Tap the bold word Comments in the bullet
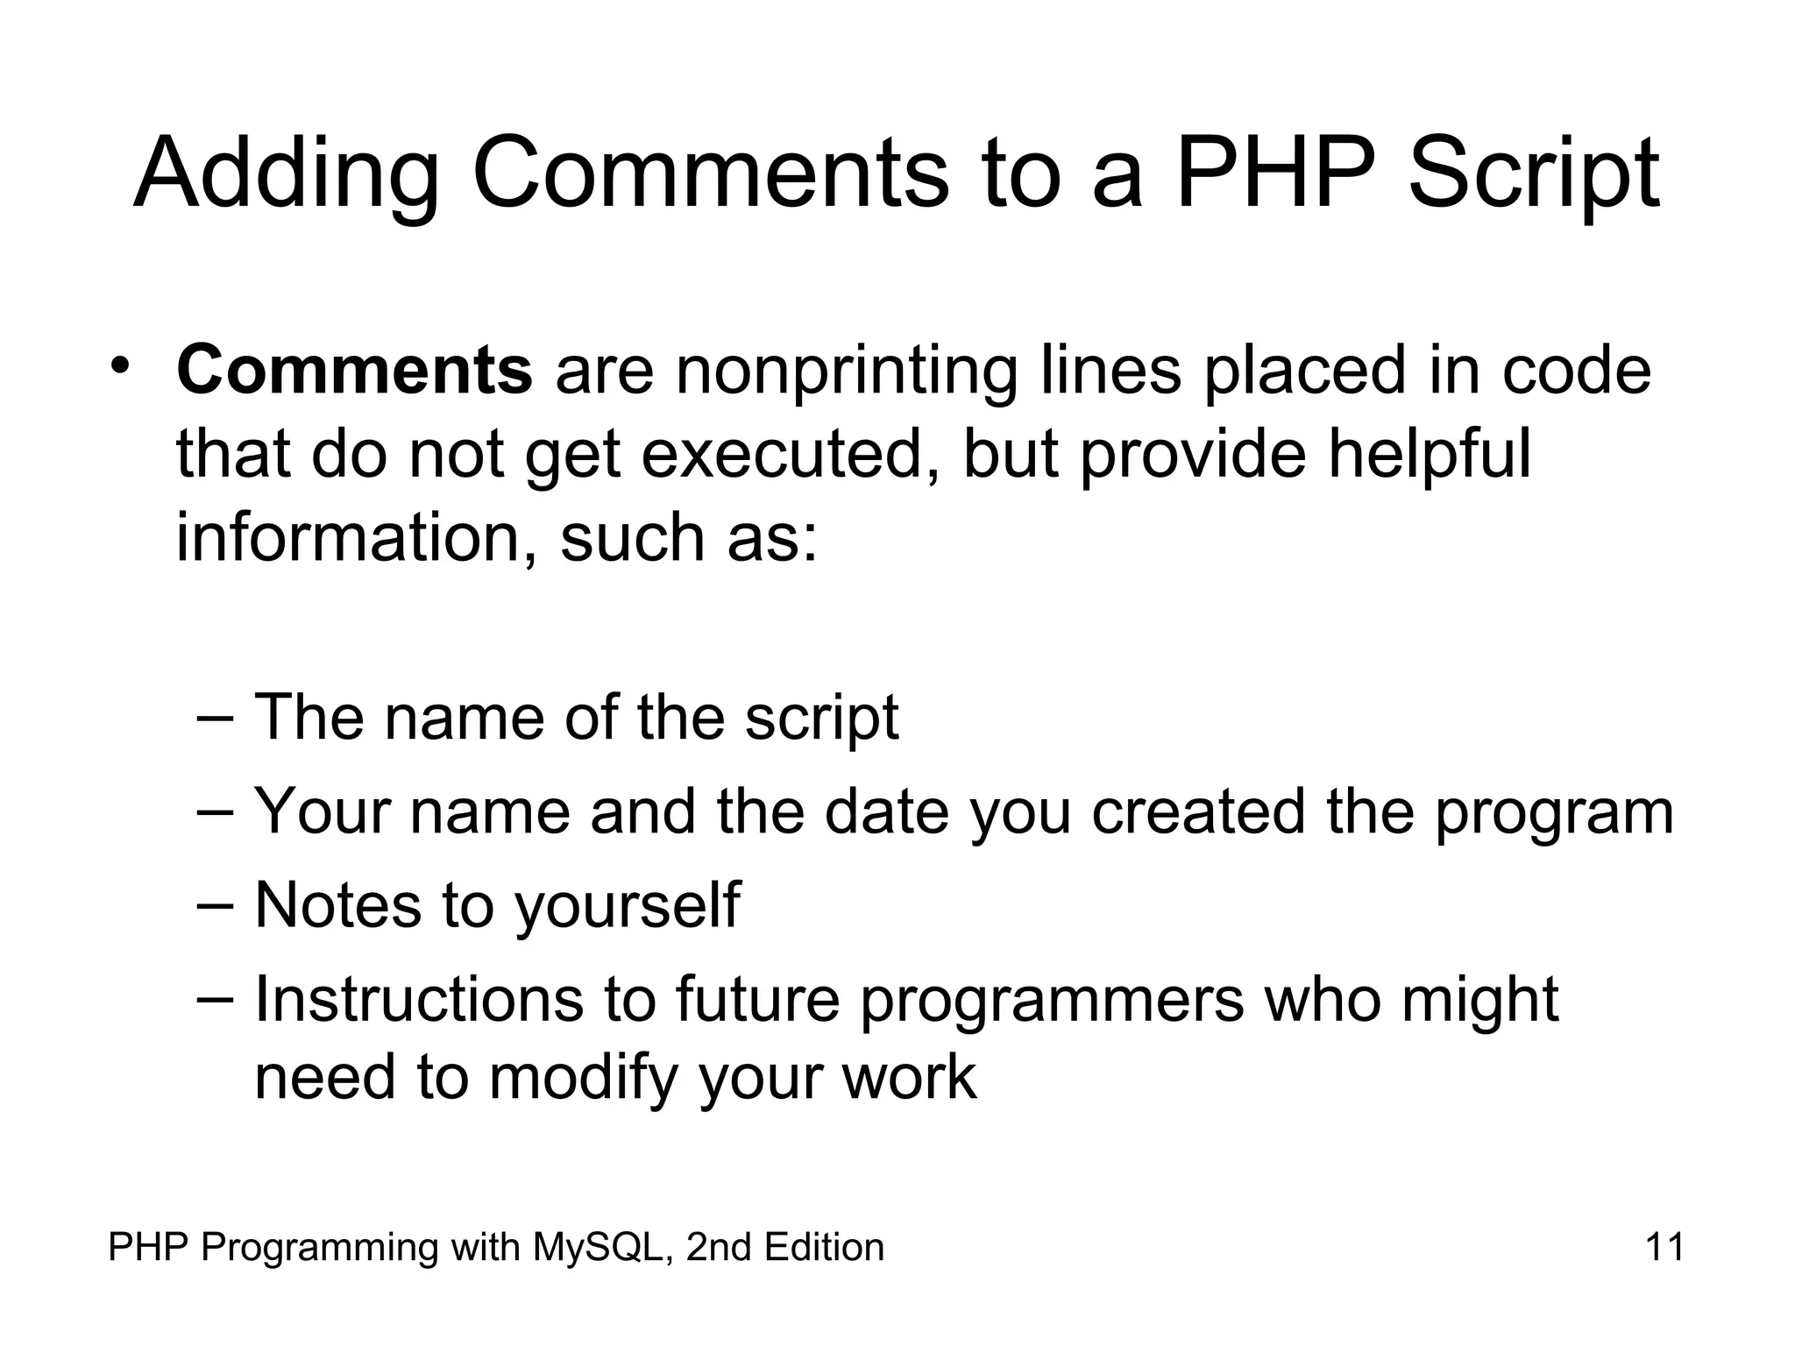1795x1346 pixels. point(354,371)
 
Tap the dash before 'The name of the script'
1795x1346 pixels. point(216,717)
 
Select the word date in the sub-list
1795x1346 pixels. point(886,811)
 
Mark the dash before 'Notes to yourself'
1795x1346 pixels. point(216,903)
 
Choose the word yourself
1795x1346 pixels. point(627,905)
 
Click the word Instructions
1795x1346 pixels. point(419,999)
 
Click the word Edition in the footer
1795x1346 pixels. point(823,1247)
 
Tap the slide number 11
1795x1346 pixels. point(1664,1247)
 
